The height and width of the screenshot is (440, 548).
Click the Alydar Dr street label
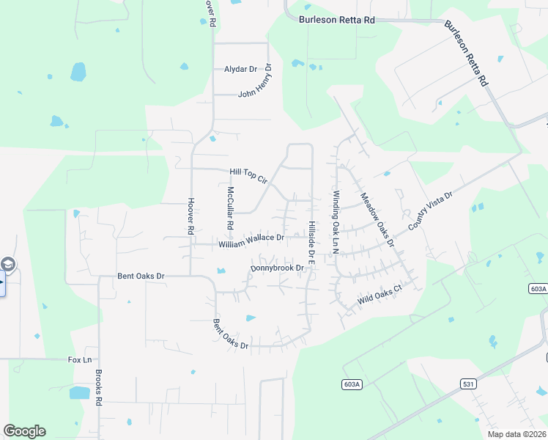pyautogui.click(x=240, y=69)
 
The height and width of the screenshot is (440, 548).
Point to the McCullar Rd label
pyautogui.click(x=230, y=206)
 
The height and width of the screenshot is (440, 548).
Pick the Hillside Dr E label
pyautogui.click(x=311, y=243)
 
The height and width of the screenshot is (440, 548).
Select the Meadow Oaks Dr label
pyautogui.click(x=377, y=219)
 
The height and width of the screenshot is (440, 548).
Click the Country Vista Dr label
pyautogui.click(x=432, y=210)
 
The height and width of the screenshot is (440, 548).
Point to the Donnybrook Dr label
pyautogui.click(x=277, y=268)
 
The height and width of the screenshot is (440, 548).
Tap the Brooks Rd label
pyautogui.click(x=97, y=386)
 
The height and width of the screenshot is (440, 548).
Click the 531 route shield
pyautogui.click(x=470, y=384)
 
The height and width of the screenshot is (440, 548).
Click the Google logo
pyautogui.click(x=24, y=431)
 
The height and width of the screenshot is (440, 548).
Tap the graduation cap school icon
pyautogui.click(x=7, y=264)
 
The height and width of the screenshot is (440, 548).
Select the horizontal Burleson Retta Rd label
pyautogui.click(x=336, y=20)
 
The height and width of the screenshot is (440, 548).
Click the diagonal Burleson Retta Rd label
pyautogui.click(x=466, y=54)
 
